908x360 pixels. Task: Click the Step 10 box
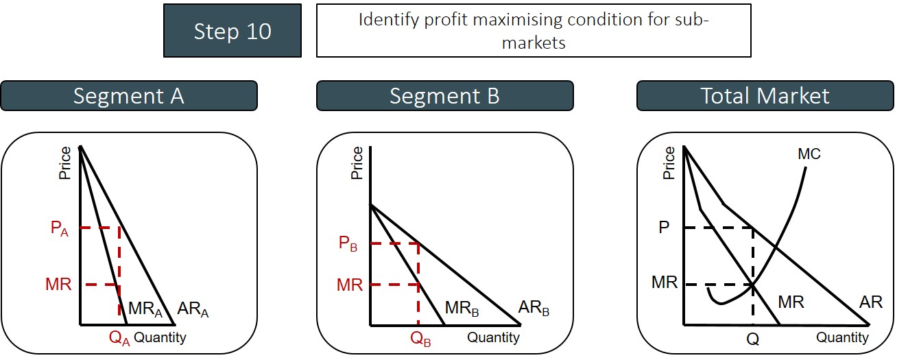tap(232, 30)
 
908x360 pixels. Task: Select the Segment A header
tap(129, 96)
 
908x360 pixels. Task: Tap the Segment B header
tap(444, 96)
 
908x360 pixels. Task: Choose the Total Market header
tap(765, 96)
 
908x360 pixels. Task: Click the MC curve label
tap(809, 154)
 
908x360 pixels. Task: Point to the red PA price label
tap(59, 228)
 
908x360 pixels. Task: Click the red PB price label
tap(348, 243)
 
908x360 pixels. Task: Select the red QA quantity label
tap(119, 338)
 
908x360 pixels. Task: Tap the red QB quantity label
tap(420, 338)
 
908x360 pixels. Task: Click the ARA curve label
tap(193, 309)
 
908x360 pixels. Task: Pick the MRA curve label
tap(145, 309)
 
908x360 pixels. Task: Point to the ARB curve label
tap(534, 308)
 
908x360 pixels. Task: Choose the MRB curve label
tap(462, 308)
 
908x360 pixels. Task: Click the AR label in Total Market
tap(871, 302)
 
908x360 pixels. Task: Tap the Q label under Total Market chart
tap(753, 339)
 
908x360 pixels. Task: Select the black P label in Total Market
tap(664, 228)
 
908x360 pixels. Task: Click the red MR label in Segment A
tap(58, 284)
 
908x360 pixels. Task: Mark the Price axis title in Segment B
tap(357, 163)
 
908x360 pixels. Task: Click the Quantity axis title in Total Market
tap(842, 337)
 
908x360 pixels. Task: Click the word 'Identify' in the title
tap(389, 20)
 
